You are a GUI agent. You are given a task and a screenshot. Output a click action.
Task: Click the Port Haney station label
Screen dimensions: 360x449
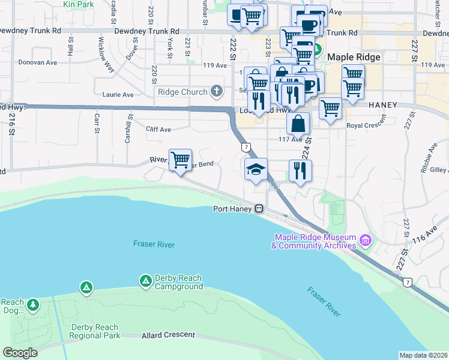coord(232,209)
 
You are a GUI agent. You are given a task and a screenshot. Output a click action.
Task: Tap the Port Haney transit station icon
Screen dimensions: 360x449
coord(259,209)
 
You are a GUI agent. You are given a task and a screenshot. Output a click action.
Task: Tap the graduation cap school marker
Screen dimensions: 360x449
coord(255,169)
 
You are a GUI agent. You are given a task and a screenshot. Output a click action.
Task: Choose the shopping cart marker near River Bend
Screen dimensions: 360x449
coord(180,160)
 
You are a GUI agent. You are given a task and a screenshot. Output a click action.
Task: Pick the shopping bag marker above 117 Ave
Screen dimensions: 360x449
coord(298,124)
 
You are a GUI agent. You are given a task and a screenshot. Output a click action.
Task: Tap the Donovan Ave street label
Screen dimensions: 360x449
coord(37,62)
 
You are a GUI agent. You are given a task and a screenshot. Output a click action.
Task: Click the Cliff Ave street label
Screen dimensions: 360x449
coord(158,129)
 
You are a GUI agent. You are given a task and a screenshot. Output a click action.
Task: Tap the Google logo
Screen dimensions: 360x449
coord(20,353)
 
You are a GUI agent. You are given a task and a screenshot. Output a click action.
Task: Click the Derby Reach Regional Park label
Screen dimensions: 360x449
coord(95,331)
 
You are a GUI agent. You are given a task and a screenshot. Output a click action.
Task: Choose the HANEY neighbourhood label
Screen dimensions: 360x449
coord(383,105)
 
